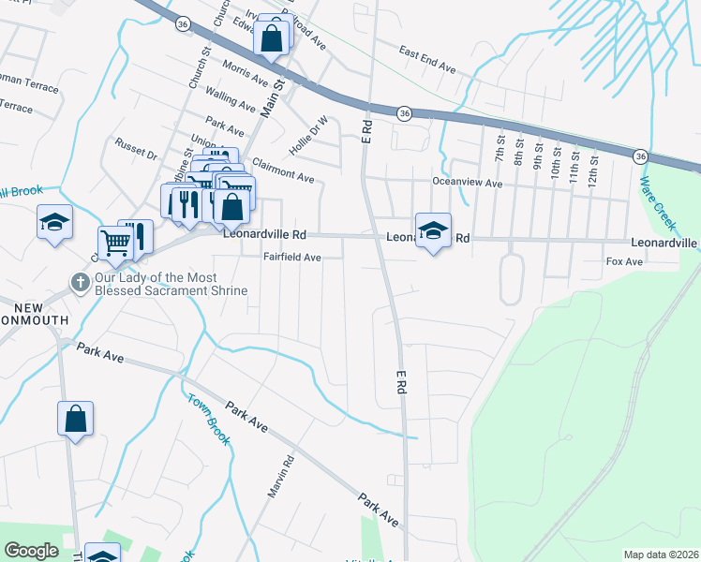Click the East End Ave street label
426,60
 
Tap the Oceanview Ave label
467,184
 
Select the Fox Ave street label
624,261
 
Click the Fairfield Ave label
291,257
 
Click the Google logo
31,551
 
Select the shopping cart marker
114,243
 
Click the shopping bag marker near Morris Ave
271,39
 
